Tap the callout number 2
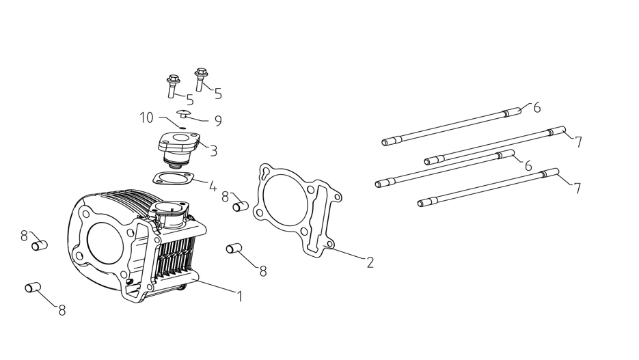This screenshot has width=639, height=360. pyautogui.click(x=370, y=262)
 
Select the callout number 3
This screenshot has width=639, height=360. pyautogui.click(x=213, y=151)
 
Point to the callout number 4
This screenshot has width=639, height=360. pyautogui.click(x=213, y=185)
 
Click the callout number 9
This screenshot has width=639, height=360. pyautogui.click(x=218, y=121)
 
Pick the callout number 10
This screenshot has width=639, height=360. pyautogui.click(x=147, y=118)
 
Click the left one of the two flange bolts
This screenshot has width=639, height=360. pyautogui.click(x=172, y=87)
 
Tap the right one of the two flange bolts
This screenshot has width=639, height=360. pyautogui.click(x=200, y=78)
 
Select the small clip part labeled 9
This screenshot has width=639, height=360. pyautogui.click(x=184, y=113)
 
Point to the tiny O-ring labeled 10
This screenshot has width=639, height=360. pyautogui.click(x=182, y=126)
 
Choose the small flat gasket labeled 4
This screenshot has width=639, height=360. pyautogui.click(x=172, y=178)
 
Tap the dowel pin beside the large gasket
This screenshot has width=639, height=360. pyautogui.click(x=239, y=206)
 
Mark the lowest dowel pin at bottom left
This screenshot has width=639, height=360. pyautogui.click(x=33, y=288)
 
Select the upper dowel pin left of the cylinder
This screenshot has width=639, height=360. pyautogui.click(x=39, y=244)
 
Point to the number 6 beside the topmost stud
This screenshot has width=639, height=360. pyautogui.click(x=536, y=107)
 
